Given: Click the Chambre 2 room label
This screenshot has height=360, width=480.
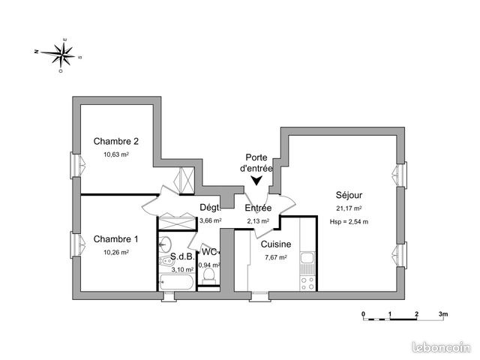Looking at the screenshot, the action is tap(116, 142).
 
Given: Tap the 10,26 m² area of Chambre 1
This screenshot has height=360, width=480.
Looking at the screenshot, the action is tap(116, 253).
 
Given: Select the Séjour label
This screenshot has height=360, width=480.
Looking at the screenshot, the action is tap(349, 195).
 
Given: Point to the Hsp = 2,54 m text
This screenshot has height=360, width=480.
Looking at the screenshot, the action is tap(349, 222).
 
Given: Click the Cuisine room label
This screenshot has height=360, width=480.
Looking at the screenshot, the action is tap(276, 244).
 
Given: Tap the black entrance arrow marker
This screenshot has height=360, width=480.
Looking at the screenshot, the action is tap(256, 181).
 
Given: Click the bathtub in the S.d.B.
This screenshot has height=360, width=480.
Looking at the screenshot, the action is tap(176, 282).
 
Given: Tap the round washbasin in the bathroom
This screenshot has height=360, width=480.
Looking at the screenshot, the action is tap(166, 244).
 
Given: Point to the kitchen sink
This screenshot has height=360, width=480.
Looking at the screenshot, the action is tap(307, 258).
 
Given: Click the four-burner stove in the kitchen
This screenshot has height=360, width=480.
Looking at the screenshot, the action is tap(307, 283).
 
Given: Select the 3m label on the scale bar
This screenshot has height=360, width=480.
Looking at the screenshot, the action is tap(443, 313).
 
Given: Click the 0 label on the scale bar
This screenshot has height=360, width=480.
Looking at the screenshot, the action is tap(363, 313).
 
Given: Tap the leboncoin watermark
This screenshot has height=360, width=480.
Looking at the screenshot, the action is tap(442, 347).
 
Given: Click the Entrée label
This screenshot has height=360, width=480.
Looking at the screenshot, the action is tap(258, 208).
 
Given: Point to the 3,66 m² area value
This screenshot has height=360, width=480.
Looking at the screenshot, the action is tap(211, 220).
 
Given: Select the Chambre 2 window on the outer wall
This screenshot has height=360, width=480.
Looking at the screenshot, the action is tap(77, 165).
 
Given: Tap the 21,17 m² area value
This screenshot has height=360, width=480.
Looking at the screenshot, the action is tap(349, 208).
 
